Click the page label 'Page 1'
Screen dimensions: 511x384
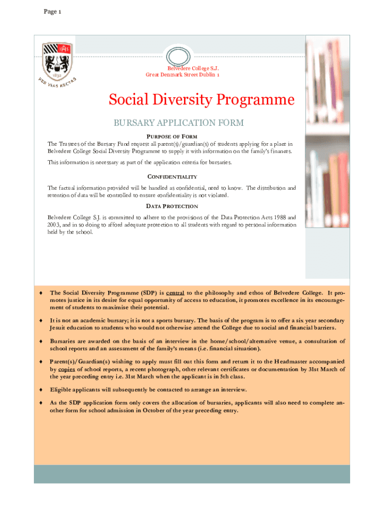[52, 12]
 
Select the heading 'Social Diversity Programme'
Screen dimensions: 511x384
[201, 100]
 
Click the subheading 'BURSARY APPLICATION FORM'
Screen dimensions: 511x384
[179, 123]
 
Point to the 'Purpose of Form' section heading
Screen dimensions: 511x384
[172, 137]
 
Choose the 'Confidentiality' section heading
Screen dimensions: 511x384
[172, 177]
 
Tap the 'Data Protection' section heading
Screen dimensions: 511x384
[172, 206]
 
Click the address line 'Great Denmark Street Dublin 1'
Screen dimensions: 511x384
[182, 74]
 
